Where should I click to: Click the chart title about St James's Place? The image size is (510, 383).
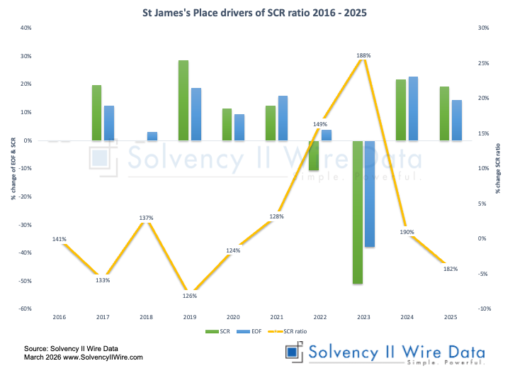click(x=255, y=12)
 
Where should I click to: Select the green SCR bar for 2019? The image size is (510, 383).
click(x=183, y=100)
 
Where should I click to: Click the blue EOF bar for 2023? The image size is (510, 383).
click(x=369, y=194)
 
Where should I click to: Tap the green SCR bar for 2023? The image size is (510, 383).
click(x=358, y=212)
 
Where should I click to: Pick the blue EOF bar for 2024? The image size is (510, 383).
click(x=413, y=109)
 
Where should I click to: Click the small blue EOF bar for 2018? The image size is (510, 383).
click(x=152, y=136)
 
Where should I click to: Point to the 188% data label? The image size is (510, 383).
click(x=363, y=55)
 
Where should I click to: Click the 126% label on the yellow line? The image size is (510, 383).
click(x=190, y=296)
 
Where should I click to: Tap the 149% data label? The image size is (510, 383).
click(x=320, y=123)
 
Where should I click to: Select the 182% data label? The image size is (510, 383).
click(x=450, y=269)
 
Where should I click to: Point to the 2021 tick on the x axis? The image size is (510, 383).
click(x=276, y=317)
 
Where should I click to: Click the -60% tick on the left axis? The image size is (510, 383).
click(x=25, y=309)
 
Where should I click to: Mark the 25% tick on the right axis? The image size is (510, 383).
click(x=484, y=63)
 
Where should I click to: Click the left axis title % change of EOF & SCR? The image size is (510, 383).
click(x=12, y=168)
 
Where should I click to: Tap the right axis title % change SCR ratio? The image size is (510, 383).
click(x=499, y=168)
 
